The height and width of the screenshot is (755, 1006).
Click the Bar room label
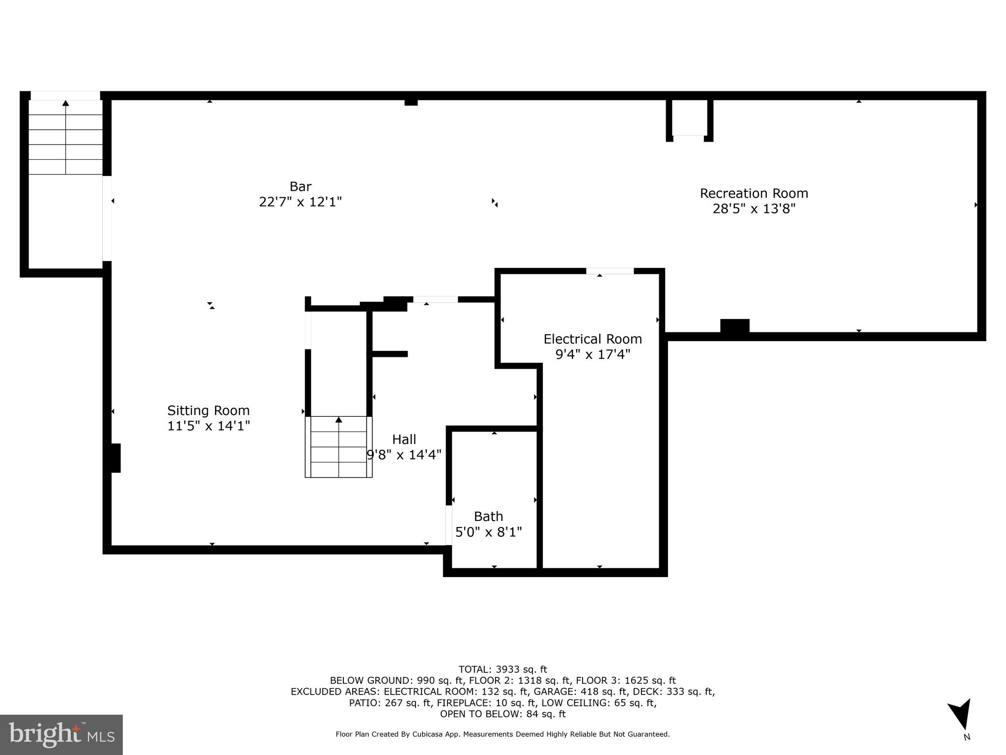300,187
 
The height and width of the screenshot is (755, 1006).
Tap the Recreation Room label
754,193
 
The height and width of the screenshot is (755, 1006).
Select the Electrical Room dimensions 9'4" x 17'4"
592,354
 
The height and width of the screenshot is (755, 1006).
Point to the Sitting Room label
208,410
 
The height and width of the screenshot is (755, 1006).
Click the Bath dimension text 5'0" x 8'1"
488,532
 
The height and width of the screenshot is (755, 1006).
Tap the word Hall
404,439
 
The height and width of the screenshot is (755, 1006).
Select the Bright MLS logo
61,735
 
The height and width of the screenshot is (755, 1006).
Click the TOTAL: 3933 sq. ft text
503,669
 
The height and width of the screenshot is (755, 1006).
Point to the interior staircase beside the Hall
338,447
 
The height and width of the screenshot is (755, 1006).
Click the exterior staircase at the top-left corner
65,138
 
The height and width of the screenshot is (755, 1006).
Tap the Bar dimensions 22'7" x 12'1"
300,202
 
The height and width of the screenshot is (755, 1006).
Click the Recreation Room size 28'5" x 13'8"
754,209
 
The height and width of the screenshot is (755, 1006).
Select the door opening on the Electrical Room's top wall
610,271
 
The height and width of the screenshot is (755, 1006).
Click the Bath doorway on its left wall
448,525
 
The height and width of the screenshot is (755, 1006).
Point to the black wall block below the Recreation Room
734,326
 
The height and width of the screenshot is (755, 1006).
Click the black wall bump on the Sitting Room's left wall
115,458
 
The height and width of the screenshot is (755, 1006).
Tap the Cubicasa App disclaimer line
503,734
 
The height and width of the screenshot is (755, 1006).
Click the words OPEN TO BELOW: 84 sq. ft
503,714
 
